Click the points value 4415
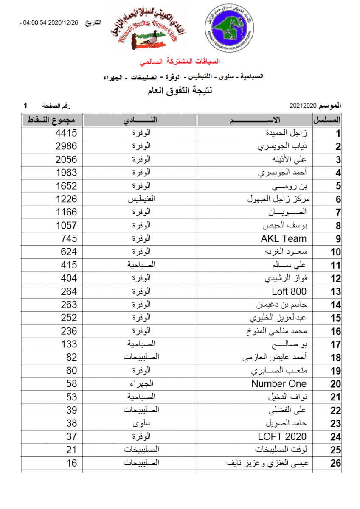(66, 133)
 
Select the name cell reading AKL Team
(283, 239)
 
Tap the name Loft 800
(289, 291)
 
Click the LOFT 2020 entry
(282, 436)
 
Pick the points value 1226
(66, 199)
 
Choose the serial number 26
(335, 463)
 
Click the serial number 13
(335, 292)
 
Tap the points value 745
(69, 238)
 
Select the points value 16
(71, 463)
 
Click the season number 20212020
(304, 105)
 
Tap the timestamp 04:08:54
(36, 24)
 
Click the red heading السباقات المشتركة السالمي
(180, 62)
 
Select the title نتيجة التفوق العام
(180, 91)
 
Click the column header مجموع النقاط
(52, 120)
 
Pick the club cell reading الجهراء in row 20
(140, 384)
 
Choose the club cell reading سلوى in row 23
(140, 423)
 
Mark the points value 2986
(66, 146)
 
